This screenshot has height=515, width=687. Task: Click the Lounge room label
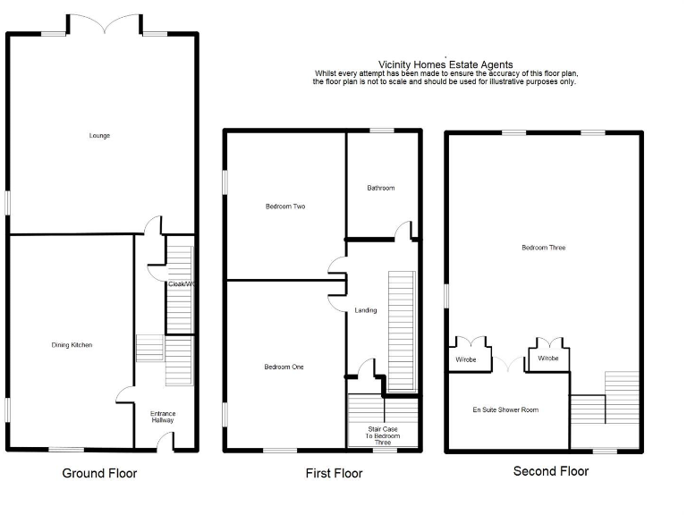(x=99, y=136)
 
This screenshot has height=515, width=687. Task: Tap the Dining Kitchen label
(x=71, y=344)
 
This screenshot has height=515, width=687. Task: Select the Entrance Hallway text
(x=163, y=417)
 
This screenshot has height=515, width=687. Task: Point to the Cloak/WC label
(x=181, y=284)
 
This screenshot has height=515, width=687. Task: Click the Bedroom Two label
(x=285, y=207)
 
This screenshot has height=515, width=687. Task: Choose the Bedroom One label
(x=284, y=367)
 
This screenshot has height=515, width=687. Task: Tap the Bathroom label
(x=380, y=188)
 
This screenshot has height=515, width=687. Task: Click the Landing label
(x=366, y=310)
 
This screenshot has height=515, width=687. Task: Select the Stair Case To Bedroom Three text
(x=383, y=435)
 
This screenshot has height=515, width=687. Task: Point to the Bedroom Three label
(x=544, y=248)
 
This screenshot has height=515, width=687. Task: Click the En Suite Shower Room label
(x=506, y=409)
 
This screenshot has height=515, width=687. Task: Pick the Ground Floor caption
(x=99, y=473)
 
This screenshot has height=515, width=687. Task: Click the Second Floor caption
(x=551, y=471)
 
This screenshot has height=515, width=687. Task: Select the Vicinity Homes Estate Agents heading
(x=445, y=64)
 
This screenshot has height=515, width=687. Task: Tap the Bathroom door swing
(x=405, y=231)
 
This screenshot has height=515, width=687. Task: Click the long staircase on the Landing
(x=402, y=331)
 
